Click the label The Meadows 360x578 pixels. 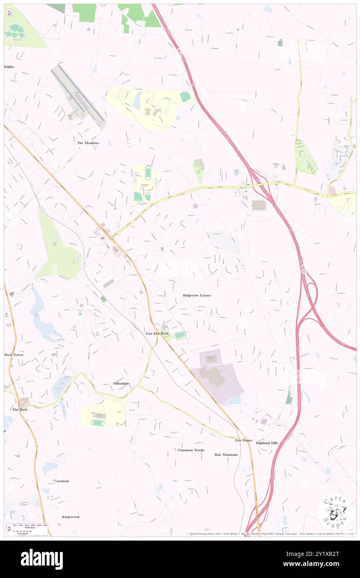pos(88,143)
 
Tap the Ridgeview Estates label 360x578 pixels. pos(197,295)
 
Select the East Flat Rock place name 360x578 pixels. pos(157,333)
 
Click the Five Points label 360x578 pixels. pos(244,440)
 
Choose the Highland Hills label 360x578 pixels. pos(267,443)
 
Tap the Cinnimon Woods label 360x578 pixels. pos(191,450)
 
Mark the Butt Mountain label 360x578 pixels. pos(226,454)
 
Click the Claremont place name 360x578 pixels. pos(61,481)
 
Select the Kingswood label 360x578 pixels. pos(71,517)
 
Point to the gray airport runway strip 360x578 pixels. pos(78,92)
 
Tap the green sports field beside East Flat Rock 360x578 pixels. pos(180,335)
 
